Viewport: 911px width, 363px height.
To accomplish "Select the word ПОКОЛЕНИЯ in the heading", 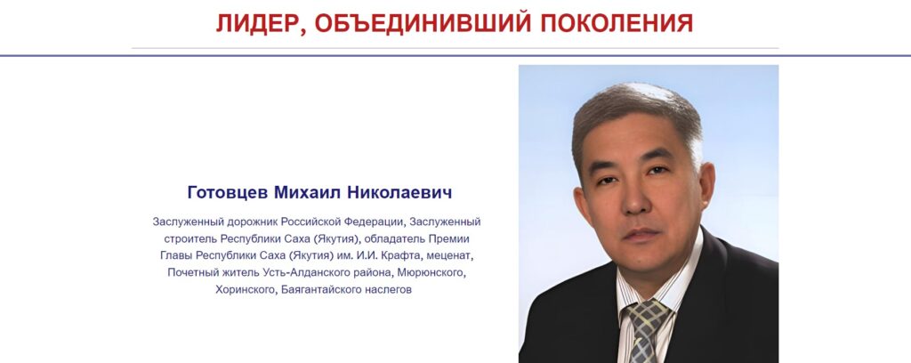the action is [617, 23].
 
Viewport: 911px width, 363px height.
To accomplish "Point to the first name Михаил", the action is [307, 192].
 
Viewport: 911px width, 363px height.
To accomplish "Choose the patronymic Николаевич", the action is [399, 192].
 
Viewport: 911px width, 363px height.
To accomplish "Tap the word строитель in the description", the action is [189, 238].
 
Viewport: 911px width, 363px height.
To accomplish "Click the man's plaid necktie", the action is [644, 331].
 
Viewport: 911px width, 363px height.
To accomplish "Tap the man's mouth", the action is [641, 235].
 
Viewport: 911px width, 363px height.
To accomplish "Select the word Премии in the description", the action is [448, 238].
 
